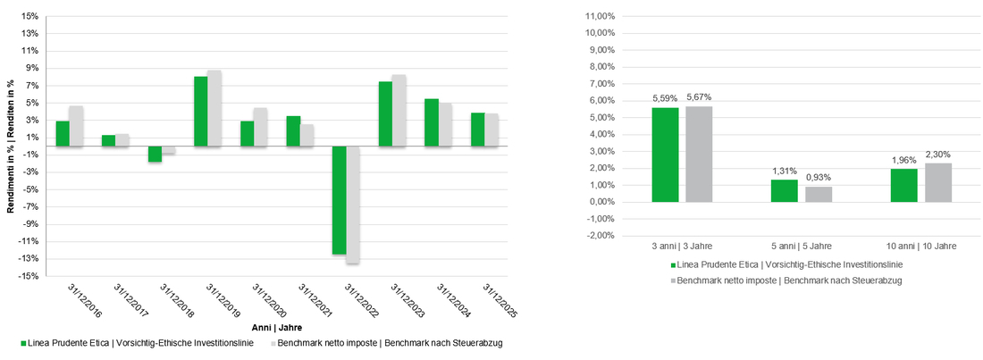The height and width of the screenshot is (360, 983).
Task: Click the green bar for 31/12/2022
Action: [339, 200]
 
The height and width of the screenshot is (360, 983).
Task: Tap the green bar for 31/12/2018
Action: [155, 154]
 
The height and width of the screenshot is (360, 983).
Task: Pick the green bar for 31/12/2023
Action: [385, 113]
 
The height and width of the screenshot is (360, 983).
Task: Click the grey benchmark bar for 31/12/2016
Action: [76, 126]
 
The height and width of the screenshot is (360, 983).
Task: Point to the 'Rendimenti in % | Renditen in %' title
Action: [11, 147]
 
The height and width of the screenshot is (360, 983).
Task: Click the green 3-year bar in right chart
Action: [665, 155]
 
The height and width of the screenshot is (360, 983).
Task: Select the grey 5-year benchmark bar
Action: [819, 194]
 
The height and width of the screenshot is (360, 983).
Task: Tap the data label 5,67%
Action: [699, 97]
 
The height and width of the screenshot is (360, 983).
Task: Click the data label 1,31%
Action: [784, 172]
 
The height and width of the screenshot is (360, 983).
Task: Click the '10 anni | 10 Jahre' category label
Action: [921, 245]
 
